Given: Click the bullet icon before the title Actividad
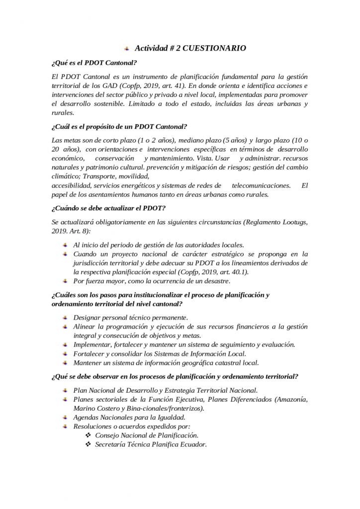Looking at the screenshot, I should click(127, 48).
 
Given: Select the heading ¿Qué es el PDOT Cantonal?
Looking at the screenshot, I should click(94, 63).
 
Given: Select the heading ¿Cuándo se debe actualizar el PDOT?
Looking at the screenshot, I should click(108, 207).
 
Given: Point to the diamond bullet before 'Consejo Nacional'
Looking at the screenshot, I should click(88, 435).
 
